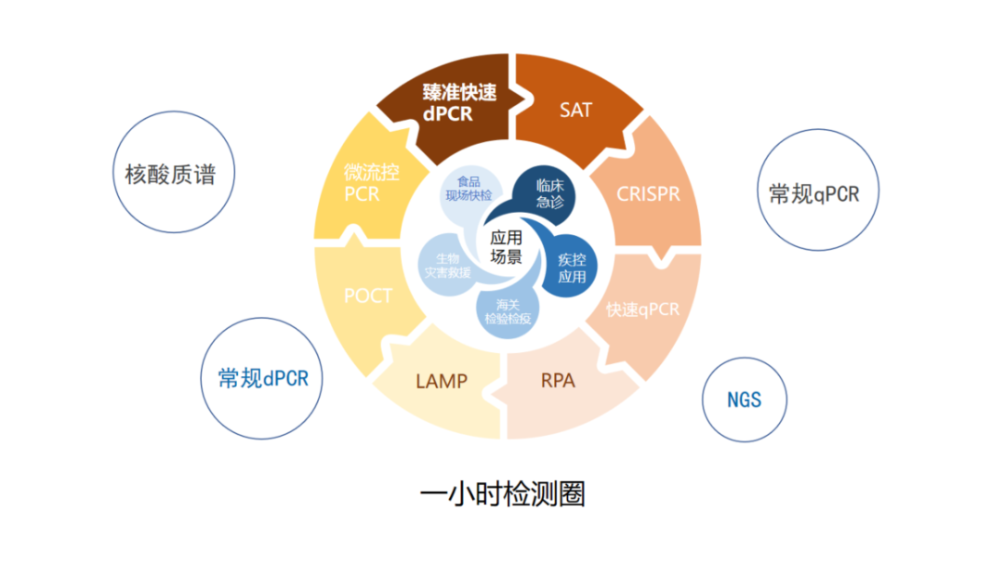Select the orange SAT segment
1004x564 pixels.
coord(575,110)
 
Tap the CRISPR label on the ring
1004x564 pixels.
coord(648,194)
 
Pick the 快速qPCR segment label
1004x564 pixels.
coord(642,308)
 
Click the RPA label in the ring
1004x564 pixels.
coord(558,380)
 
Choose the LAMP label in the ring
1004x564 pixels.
coord(442,381)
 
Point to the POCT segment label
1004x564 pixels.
coord(368,296)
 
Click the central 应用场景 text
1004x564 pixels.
coord(506,246)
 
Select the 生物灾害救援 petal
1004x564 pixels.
coord(447,266)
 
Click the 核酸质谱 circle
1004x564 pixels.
coord(170,174)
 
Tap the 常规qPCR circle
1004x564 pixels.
coord(814,193)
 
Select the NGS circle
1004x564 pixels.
coord(744,400)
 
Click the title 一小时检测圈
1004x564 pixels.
coord(502,493)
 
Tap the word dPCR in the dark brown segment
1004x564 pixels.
coord(448,115)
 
